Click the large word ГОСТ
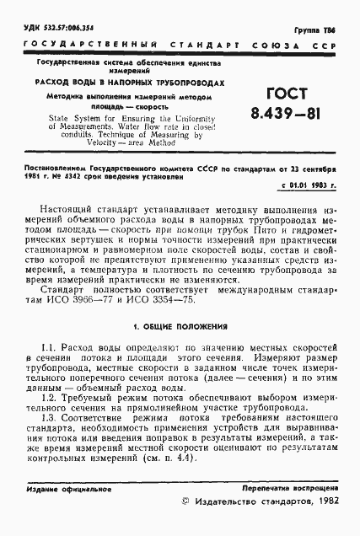pyautogui.click(x=276, y=94)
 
